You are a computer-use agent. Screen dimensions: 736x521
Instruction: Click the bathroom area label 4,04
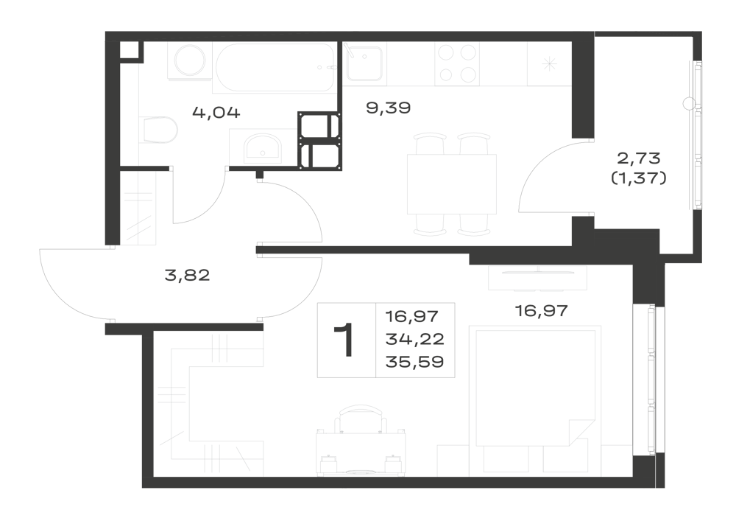click(216, 113)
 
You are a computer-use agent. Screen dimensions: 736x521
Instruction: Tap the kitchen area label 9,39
click(388, 108)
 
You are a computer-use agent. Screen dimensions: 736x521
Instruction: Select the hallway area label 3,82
click(187, 276)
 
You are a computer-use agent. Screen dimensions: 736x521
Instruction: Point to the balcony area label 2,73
click(638, 158)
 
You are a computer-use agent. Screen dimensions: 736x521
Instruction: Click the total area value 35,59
click(414, 363)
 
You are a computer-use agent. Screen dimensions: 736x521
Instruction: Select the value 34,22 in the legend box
click(414, 339)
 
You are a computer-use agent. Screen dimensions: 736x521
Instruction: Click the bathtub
click(275, 68)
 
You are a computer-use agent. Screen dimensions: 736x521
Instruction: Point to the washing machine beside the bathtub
click(190, 62)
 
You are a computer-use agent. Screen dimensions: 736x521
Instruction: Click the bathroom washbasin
click(262, 147)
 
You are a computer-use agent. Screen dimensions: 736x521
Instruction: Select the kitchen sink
click(364, 64)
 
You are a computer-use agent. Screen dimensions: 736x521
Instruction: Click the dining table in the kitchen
click(452, 184)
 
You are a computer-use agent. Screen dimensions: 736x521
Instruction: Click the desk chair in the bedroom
click(361, 418)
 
